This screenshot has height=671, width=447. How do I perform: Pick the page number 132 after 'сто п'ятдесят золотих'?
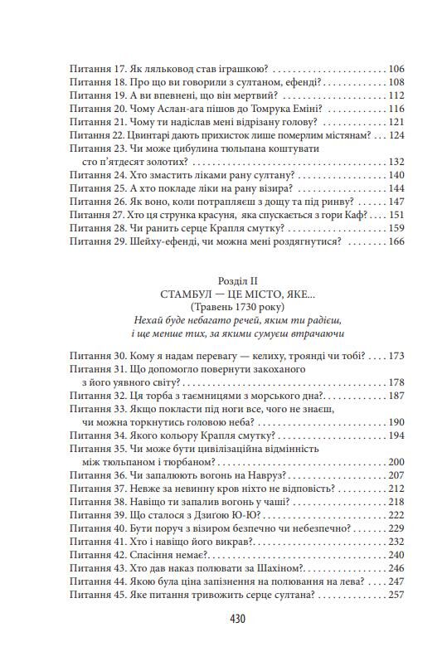click(395, 161)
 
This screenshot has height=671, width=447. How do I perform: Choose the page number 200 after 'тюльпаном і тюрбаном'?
click(395, 461)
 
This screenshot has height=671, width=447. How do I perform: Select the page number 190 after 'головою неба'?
click(395, 421)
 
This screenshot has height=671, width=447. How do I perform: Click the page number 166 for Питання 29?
click(395, 241)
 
